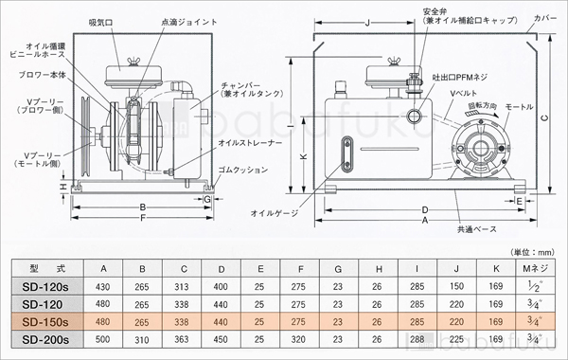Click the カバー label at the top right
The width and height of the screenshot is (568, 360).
pyautogui.click(x=545, y=16)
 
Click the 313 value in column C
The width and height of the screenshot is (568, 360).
pyautogui.click(x=182, y=286)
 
